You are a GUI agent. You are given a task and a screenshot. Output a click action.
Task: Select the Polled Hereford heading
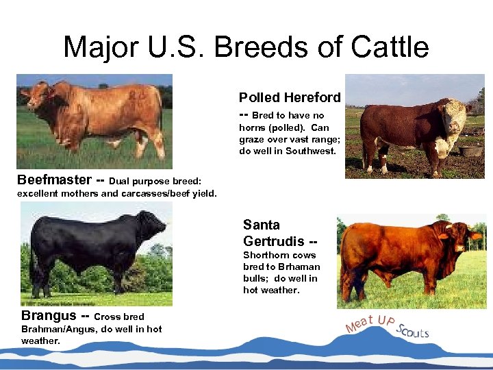click(289, 98)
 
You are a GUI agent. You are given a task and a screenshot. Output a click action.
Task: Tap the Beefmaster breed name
click(53, 180)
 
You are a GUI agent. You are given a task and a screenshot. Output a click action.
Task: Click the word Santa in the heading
click(262, 225)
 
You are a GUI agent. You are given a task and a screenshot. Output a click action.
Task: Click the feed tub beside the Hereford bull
click(471, 150)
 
